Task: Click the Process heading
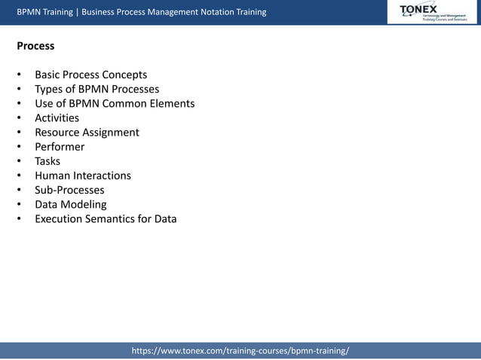[x=35, y=46]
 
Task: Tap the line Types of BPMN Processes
[x=97, y=89]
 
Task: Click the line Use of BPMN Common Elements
[x=115, y=103]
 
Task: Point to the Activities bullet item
[x=57, y=117]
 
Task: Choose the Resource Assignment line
[x=87, y=132]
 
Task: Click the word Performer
[x=60, y=147]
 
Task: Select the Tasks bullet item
[x=47, y=161]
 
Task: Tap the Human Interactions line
[x=83, y=175]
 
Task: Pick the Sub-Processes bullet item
[x=69, y=190]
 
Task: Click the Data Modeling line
[x=71, y=204]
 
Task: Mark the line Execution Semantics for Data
[x=106, y=219]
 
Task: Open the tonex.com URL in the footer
[x=240, y=351]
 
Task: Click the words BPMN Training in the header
[x=46, y=12]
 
